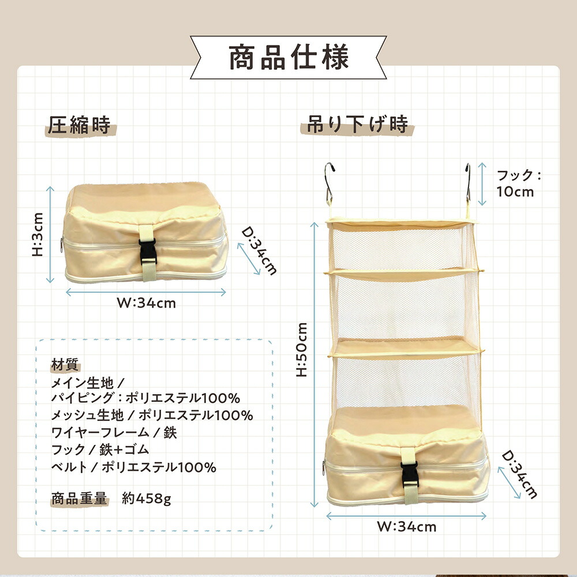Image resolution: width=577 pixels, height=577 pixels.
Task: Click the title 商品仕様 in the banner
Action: tap(288, 57)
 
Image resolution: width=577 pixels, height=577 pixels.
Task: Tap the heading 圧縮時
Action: tap(79, 125)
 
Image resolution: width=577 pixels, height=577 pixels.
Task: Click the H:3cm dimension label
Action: tap(38, 234)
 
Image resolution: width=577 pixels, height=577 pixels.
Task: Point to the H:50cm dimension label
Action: tap(302, 350)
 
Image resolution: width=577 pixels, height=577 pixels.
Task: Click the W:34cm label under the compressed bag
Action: tap(146, 304)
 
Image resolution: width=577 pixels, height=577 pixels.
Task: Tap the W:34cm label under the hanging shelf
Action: tap(406, 527)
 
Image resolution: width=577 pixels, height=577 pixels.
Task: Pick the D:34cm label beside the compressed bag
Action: tap(259, 252)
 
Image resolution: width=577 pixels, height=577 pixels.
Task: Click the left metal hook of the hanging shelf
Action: tap(329, 184)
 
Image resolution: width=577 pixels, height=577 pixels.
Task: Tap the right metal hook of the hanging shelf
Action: tap(468, 184)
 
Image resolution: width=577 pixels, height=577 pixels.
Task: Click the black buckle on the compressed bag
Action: tap(148, 252)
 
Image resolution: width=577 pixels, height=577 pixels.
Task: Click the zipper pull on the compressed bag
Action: tap(62, 245)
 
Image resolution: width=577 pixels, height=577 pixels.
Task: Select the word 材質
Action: tap(65, 365)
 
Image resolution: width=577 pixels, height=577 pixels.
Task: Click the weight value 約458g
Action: tap(147, 499)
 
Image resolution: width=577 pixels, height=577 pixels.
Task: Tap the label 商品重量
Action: tap(79, 499)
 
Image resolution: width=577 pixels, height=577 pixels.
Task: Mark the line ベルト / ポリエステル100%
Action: tap(134, 467)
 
